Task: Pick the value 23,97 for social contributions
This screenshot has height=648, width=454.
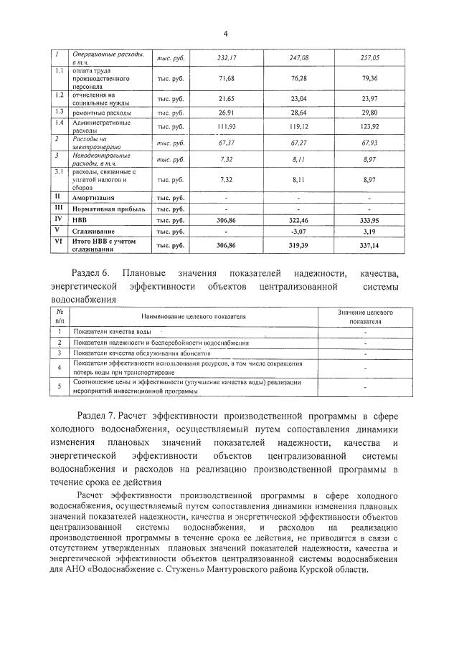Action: point(369,98)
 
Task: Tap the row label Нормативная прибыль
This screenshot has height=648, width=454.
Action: point(108,209)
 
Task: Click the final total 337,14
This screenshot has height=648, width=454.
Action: point(369,245)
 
